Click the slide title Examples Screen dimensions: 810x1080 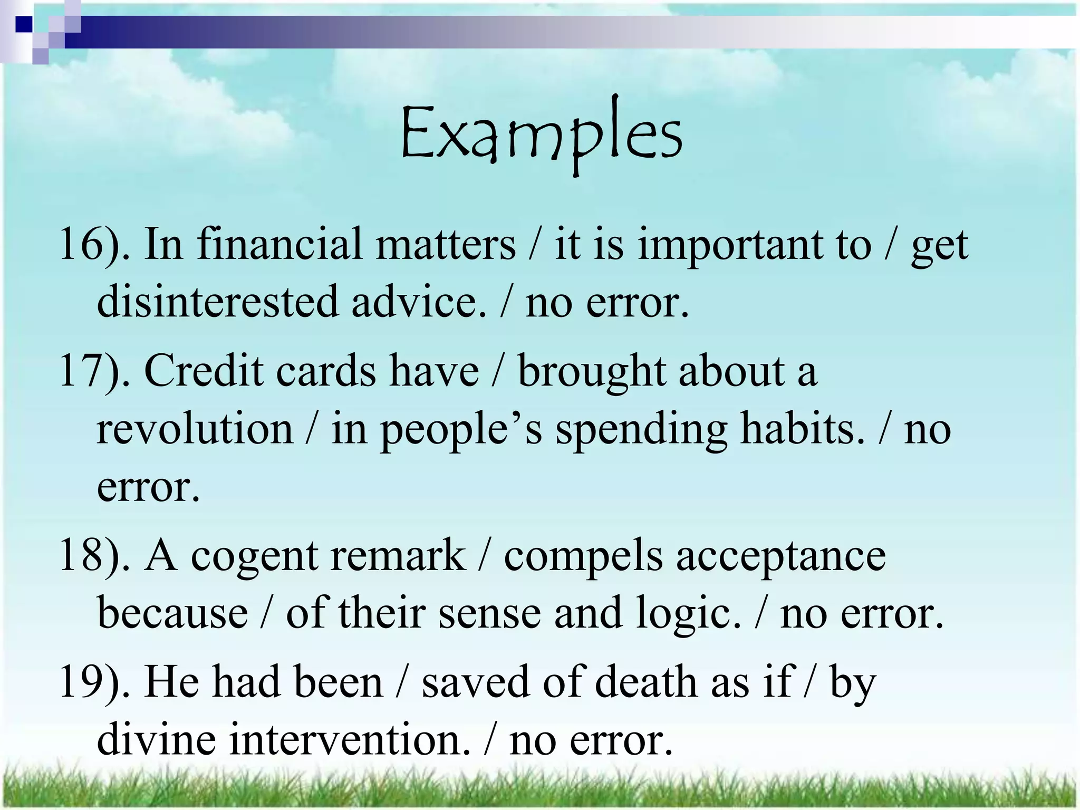(x=541, y=133)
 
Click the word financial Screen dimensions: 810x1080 (x=279, y=244)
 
